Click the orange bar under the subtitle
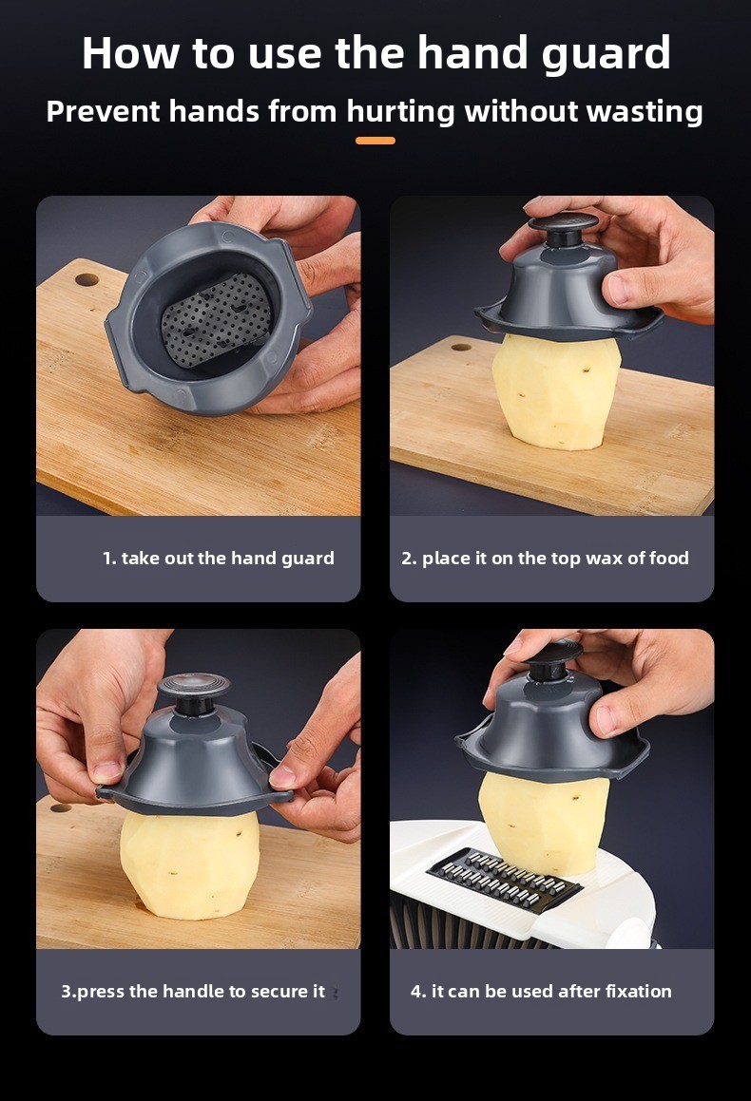click(x=375, y=141)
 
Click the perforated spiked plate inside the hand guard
click(x=217, y=320)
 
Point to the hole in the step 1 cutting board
click(x=87, y=279)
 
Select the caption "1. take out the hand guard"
click(x=219, y=559)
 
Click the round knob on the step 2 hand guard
click(x=564, y=226)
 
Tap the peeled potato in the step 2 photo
click(x=556, y=391)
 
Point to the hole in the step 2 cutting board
click(x=461, y=347)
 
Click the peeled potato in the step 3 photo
click(x=190, y=865)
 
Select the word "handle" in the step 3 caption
click(x=194, y=991)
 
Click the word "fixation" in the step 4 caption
click(x=639, y=991)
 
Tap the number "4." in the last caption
click(x=418, y=991)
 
